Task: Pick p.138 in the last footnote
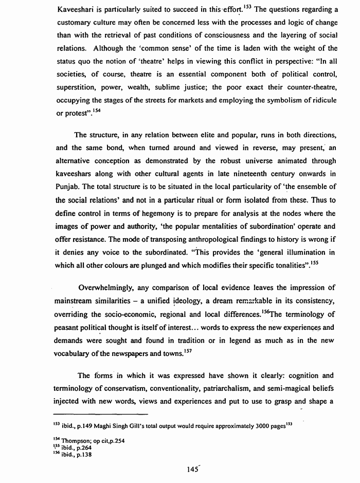(x=85, y=454)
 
